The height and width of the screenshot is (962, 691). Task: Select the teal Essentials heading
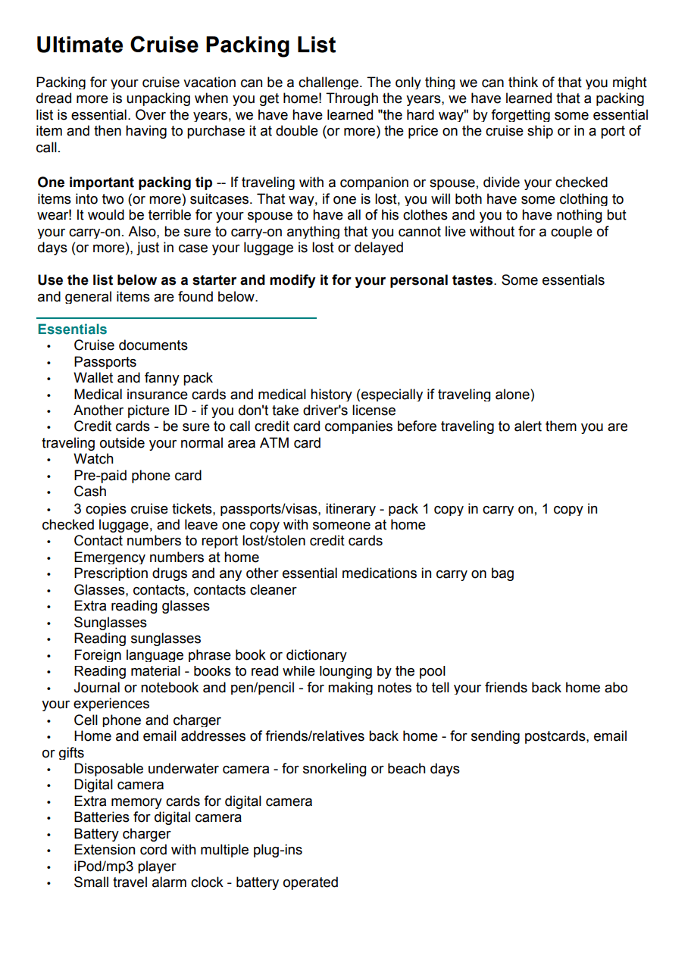[x=72, y=330]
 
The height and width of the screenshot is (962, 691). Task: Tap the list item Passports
[x=105, y=362]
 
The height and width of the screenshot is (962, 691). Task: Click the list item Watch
[x=93, y=459]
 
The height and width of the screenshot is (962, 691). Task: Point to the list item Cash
[x=90, y=492]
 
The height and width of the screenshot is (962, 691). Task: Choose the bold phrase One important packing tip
[x=125, y=183]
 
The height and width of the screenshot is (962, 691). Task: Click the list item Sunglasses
[x=110, y=623]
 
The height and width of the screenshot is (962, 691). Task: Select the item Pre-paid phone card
[x=137, y=476]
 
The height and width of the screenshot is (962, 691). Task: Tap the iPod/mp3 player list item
[x=124, y=866]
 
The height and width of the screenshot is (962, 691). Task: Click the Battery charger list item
[x=122, y=834]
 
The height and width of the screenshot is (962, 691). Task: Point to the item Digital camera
[x=118, y=785]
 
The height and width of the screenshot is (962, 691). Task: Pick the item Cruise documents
[x=130, y=345]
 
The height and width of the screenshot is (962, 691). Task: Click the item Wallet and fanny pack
[x=143, y=378]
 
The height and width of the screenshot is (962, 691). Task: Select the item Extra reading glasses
[x=141, y=606]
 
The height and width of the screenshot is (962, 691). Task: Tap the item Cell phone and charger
[x=147, y=720]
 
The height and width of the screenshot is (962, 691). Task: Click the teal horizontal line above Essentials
[x=176, y=318]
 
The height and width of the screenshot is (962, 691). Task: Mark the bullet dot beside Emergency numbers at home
[x=48, y=558]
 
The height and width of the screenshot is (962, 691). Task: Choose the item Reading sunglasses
[x=137, y=639]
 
